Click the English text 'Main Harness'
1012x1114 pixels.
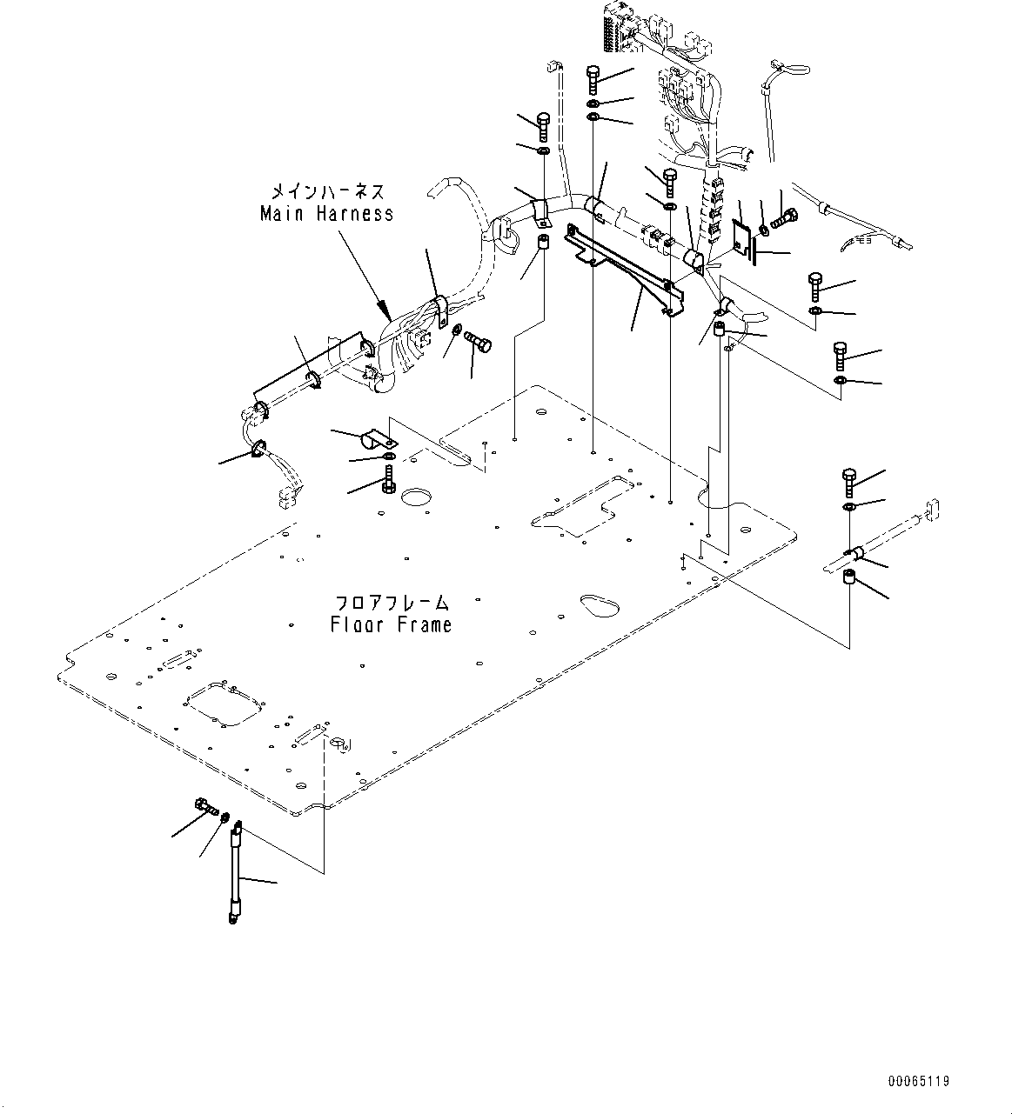point(326,213)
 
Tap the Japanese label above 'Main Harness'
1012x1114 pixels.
point(326,190)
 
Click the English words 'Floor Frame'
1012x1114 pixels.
point(391,624)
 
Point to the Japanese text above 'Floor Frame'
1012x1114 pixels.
point(392,603)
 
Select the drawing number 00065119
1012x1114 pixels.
point(918,1081)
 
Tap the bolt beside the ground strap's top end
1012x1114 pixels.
point(204,806)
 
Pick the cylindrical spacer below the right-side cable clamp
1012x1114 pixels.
point(848,580)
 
